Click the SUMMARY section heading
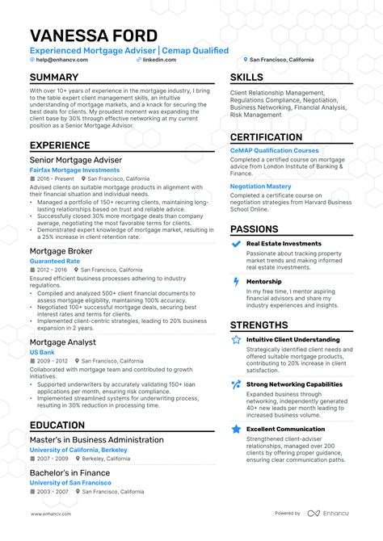click(54, 78)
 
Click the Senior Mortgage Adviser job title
click(75, 160)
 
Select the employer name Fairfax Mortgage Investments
click(74, 170)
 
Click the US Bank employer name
click(42, 353)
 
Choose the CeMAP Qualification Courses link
click(274, 150)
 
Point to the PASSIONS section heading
click(255, 229)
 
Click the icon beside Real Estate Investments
click(235, 244)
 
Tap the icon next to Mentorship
click(235, 281)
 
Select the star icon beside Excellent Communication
click(235, 430)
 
